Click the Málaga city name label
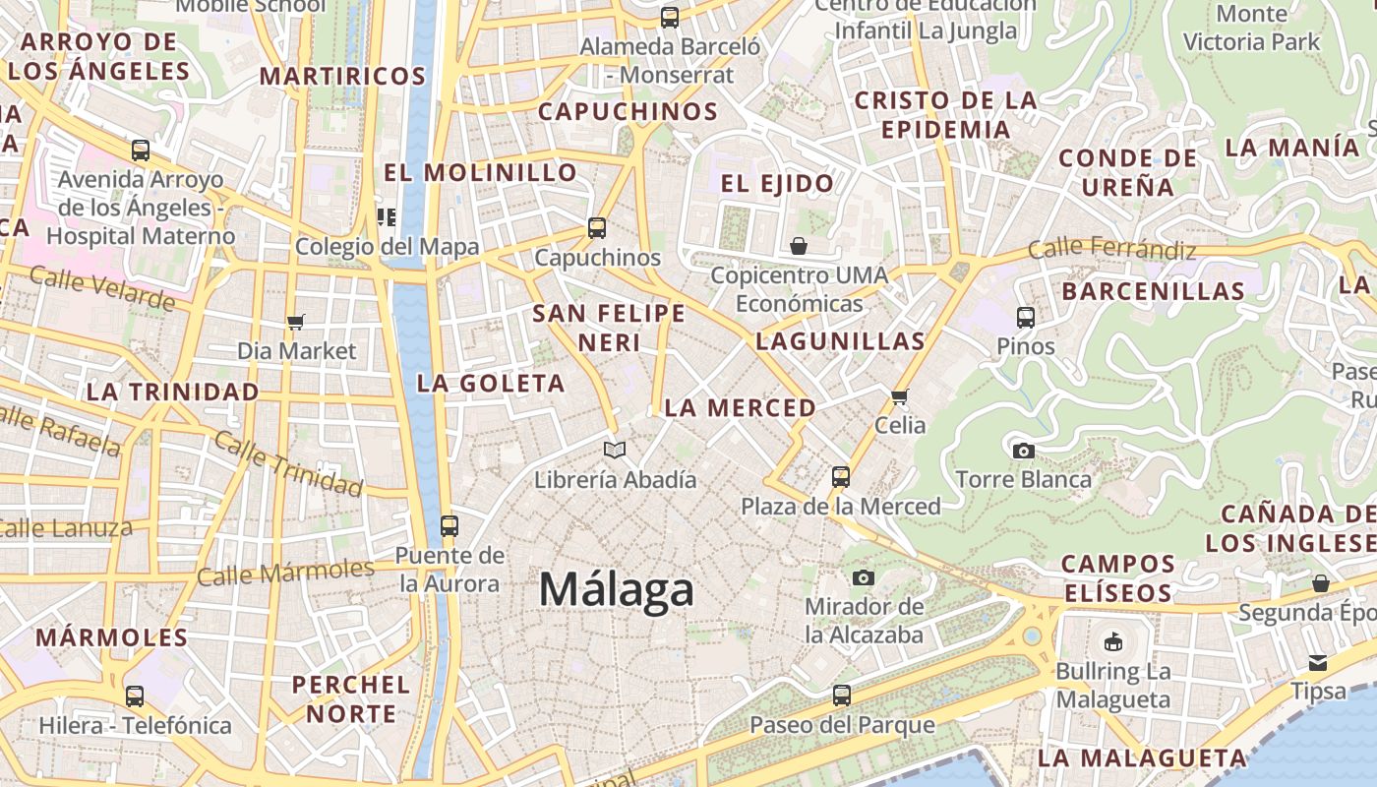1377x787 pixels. pyautogui.click(x=617, y=589)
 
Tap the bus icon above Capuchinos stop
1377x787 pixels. pyautogui.click(x=596, y=228)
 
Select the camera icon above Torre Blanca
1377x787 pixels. pyautogui.click(x=1023, y=451)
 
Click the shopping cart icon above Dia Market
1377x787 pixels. pyautogui.click(x=295, y=322)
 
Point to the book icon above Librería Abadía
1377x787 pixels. pyautogui.click(x=615, y=450)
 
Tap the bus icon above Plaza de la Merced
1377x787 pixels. pyautogui.click(x=840, y=477)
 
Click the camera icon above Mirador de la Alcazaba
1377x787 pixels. pyautogui.click(x=864, y=577)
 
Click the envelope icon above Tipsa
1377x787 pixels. pyautogui.click(x=1317, y=662)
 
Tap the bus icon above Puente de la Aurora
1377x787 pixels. pyautogui.click(x=449, y=526)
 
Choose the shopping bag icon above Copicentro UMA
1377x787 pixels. pyautogui.click(x=799, y=246)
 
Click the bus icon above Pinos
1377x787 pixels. pyautogui.click(x=1025, y=318)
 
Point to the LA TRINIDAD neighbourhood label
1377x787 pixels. pyautogui.click(x=173, y=392)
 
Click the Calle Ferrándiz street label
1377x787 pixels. pyautogui.click(x=1111, y=249)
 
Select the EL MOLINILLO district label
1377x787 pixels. pyautogui.click(x=480, y=172)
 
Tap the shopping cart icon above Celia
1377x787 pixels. pyautogui.click(x=899, y=396)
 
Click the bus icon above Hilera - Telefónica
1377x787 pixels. pyautogui.click(x=135, y=696)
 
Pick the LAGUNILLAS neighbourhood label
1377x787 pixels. pyautogui.click(x=840, y=341)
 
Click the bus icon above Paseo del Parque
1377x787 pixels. pyautogui.click(x=841, y=696)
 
